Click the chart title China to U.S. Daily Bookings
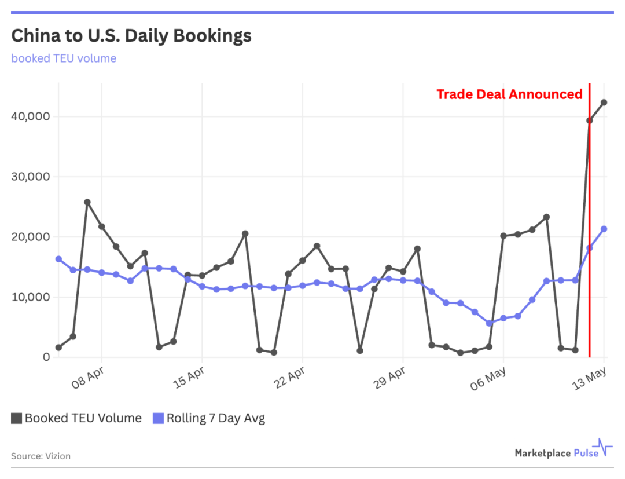(131, 36)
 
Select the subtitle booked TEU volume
(64, 58)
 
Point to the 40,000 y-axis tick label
(30, 116)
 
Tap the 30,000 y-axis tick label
(30, 177)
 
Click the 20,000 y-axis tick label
(30, 237)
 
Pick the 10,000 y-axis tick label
(30, 297)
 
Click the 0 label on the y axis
(46, 357)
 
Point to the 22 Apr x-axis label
(289, 377)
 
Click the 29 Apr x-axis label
(389, 377)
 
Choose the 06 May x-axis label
(488, 377)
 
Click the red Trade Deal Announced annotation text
(509, 94)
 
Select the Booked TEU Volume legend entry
(76, 418)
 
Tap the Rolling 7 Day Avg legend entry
(209, 418)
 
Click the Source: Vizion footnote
(41, 456)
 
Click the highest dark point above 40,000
(604, 103)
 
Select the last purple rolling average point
(604, 229)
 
